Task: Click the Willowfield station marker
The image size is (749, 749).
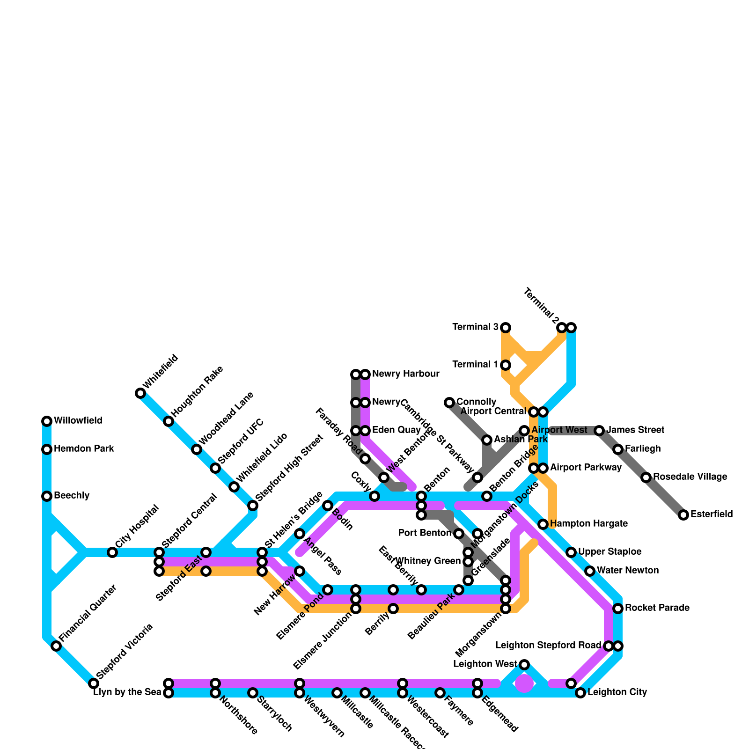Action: click(x=47, y=421)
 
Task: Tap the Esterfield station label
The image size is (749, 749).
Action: click(x=712, y=514)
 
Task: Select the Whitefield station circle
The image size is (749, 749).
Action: click(x=140, y=393)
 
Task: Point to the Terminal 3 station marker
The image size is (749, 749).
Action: click(x=506, y=328)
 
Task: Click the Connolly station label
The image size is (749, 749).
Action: click(x=476, y=402)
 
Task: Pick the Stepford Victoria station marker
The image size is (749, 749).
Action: click(x=94, y=683)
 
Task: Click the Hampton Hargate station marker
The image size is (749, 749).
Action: click(x=543, y=524)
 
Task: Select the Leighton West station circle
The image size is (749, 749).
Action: click(x=524, y=665)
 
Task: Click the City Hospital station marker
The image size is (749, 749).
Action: click(x=112, y=552)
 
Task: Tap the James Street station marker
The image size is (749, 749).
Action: click(x=599, y=431)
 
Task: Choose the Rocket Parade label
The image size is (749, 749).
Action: click(x=657, y=608)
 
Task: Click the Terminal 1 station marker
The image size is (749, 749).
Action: click(x=506, y=365)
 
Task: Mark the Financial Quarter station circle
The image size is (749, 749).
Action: click(x=56, y=646)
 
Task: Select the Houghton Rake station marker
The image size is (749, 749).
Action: click(x=169, y=421)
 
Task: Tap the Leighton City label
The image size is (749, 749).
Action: click(x=617, y=692)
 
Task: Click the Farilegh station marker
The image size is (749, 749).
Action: click(x=618, y=449)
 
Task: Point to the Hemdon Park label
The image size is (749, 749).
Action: click(x=84, y=449)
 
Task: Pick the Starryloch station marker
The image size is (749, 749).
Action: click(x=253, y=693)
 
